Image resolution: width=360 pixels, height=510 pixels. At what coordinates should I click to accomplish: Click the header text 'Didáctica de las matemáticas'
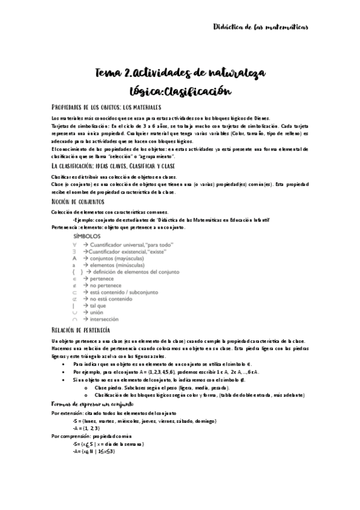pyautogui.click(x=261, y=27)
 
